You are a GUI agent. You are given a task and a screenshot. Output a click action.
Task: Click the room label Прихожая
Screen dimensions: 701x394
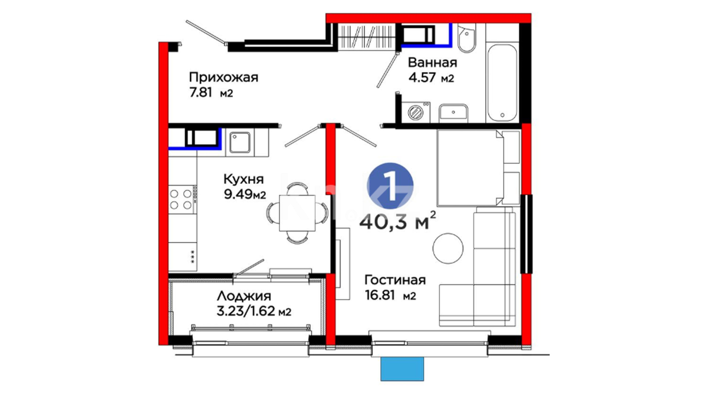(x=223, y=78)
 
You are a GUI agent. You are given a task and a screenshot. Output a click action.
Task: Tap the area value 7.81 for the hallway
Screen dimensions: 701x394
(x=200, y=93)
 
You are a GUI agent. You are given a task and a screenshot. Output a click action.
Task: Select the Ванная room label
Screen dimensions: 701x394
(x=432, y=62)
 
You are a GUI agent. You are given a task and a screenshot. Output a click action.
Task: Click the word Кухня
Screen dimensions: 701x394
(x=244, y=179)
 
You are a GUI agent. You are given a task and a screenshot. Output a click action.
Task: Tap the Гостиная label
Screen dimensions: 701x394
(x=395, y=280)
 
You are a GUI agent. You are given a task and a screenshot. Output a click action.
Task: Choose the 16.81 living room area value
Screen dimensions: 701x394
(x=380, y=295)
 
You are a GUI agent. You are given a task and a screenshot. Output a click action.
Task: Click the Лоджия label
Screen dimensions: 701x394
(x=244, y=296)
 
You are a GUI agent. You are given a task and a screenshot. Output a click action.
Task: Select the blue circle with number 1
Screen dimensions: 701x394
(x=390, y=186)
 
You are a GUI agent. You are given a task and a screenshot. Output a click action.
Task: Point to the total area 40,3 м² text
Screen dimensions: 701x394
(x=398, y=220)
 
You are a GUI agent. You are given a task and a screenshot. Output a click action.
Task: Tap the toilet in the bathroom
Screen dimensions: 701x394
(x=467, y=38)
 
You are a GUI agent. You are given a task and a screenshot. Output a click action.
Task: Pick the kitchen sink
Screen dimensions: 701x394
(x=240, y=142)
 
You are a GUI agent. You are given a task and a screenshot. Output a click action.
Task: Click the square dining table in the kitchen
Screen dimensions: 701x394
(x=297, y=213)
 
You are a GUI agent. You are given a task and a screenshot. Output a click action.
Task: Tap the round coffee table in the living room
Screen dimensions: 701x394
(x=448, y=248)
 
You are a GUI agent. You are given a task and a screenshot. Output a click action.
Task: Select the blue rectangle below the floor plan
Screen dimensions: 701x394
(x=402, y=369)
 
